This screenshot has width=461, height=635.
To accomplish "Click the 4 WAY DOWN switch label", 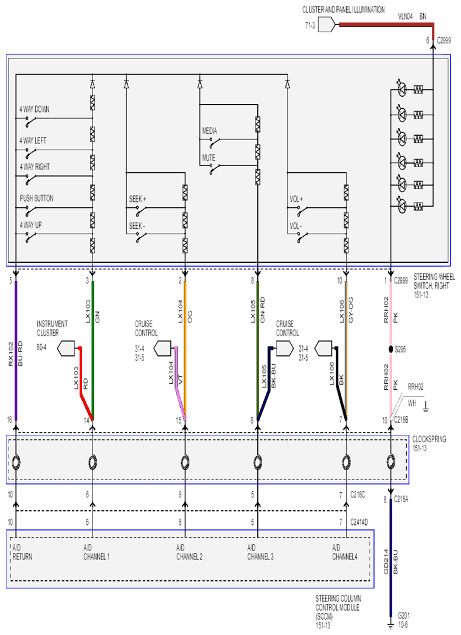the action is (x=35, y=109).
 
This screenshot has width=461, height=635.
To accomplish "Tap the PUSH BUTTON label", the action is (x=36, y=198).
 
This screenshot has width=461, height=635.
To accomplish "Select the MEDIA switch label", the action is (x=209, y=131).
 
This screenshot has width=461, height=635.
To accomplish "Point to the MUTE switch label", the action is (x=209, y=158).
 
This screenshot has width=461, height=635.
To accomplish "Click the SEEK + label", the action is (x=137, y=200).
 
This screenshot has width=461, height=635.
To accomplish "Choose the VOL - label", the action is (x=296, y=226).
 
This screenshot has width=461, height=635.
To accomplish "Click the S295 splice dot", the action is (x=390, y=349).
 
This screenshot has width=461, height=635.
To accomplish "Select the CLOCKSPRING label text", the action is (x=429, y=439).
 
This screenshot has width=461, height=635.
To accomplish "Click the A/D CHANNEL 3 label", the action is (x=260, y=552).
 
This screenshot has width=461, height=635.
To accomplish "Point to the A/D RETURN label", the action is (x=22, y=552).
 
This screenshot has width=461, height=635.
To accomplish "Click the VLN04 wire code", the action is (x=405, y=16).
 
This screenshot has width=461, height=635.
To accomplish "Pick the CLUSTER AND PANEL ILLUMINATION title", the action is (x=344, y=10).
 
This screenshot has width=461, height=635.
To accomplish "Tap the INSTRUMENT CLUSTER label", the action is (x=52, y=328).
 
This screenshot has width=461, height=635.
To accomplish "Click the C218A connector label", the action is (x=401, y=500).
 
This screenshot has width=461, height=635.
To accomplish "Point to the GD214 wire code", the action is (x=386, y=561).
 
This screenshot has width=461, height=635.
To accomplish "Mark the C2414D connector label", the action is (x=359, y=522).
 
